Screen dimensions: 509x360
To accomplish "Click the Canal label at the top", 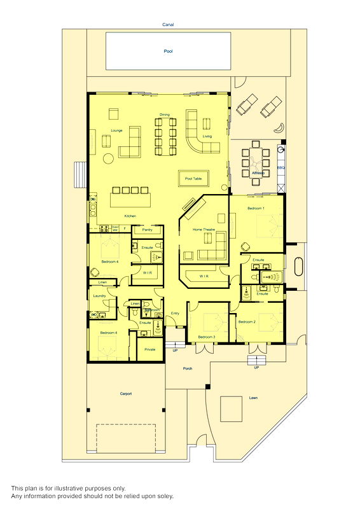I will (x=168, y=25).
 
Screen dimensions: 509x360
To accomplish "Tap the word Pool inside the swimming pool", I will (x=168, y=52).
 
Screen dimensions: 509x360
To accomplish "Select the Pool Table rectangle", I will (x=193, y=179).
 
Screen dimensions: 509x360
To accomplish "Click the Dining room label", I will (x=165, y=115).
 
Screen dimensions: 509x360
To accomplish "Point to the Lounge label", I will (x=116, y=130).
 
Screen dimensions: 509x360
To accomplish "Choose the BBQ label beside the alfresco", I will (x=280, y=167).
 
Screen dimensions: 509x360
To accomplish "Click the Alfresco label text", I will (x=258, y=172).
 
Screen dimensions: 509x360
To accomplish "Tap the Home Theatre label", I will (x=205, y=229).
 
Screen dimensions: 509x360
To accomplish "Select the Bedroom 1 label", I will (x=256, y=208).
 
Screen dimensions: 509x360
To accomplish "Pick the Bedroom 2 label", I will (x=247, y=322).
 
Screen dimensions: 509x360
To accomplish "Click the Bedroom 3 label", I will (x=206, y=337).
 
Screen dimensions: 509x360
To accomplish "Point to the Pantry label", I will (x=147, y=229).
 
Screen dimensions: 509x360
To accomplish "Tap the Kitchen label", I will (x=130, y=216).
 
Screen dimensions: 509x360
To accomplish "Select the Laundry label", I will (x=99, y=296).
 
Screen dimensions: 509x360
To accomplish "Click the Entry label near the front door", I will (x=175, y=313).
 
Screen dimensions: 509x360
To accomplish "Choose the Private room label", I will (x=149, y=349).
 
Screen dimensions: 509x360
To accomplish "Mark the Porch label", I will (x=188, y=368).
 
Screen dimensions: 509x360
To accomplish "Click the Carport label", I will (x=126, y=394).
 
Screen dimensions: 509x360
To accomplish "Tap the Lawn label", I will (x=253, y=398).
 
